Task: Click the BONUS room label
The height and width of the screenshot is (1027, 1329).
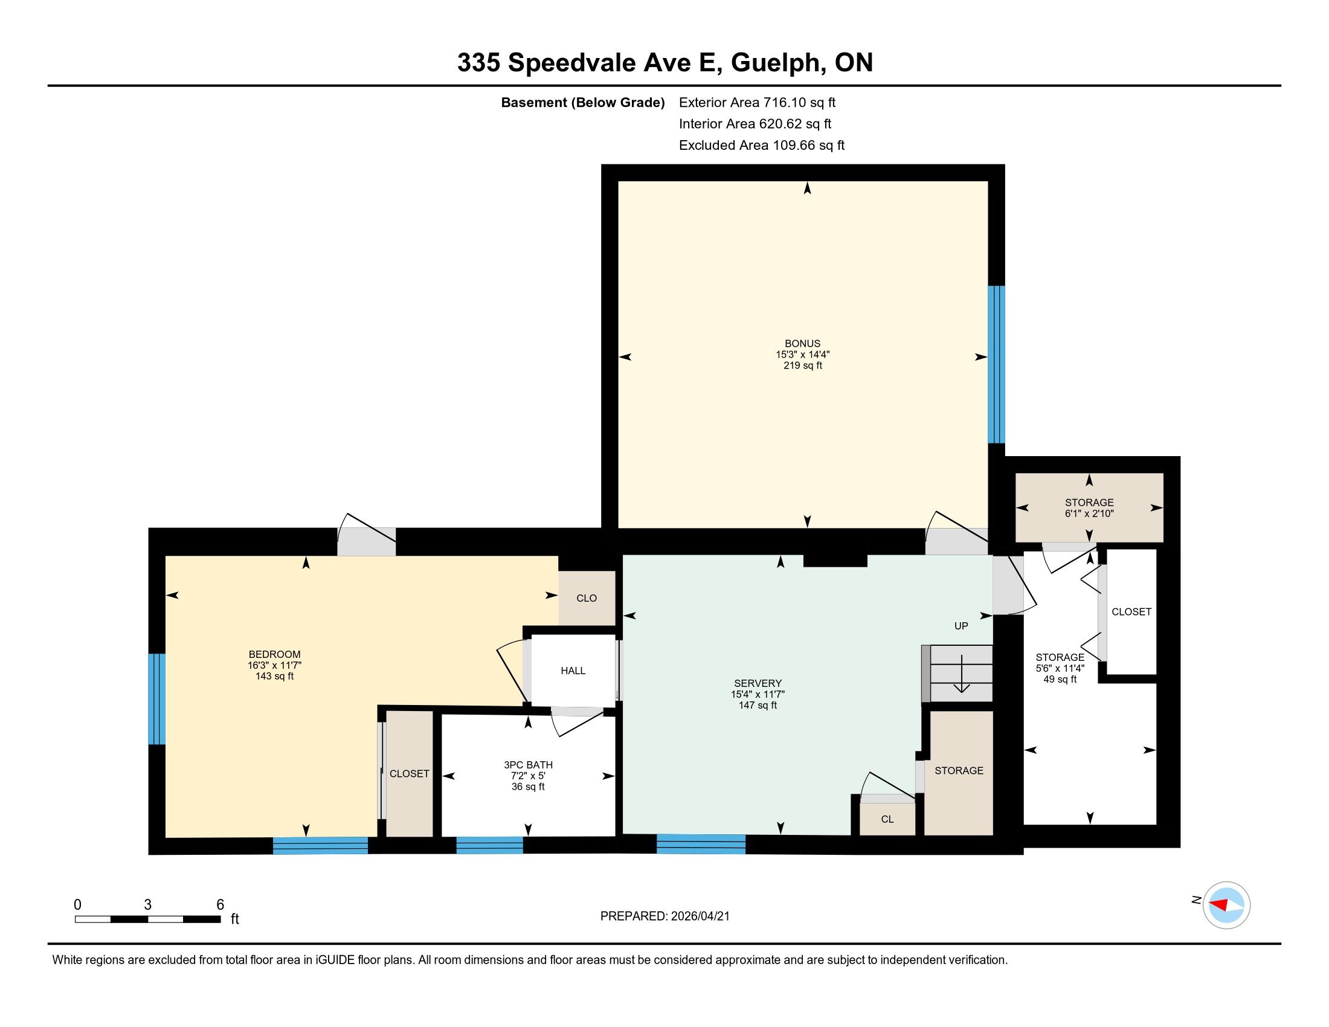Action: click(802, 344)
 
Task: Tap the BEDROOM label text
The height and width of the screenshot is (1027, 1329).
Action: click(274, 655)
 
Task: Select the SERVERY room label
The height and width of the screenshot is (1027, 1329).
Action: click(758, 683)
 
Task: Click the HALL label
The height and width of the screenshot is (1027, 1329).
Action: click(573, 671)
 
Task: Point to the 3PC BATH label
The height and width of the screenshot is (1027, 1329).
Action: click(528, 765)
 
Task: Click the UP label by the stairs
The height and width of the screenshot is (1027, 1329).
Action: click(961, 626)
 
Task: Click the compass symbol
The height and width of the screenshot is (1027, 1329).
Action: click(1226, 906)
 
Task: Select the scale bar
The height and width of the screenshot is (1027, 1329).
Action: click(148, 919)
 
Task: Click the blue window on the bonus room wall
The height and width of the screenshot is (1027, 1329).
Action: click(996, 364)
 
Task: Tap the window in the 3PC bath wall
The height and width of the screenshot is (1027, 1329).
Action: click(490, 845)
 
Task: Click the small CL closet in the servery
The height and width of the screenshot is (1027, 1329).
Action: click(887, 819)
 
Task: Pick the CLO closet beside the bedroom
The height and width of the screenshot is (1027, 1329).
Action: click(587, 598)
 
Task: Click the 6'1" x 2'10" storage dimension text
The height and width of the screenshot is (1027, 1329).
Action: click(1089, 513)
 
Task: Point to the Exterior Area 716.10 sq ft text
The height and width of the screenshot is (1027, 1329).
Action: click(758, 102)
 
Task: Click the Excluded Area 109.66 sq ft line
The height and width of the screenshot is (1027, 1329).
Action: click(762, 145)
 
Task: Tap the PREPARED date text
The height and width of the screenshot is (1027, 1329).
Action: click(665, 916)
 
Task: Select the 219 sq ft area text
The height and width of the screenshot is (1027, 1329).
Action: click(803, 365)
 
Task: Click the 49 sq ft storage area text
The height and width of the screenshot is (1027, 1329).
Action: click(1060, 679)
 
